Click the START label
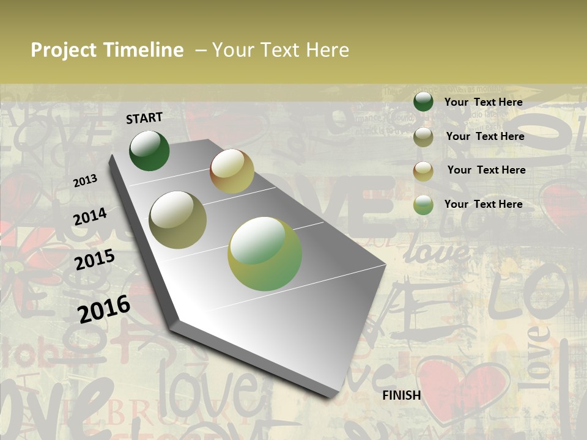point(144,118)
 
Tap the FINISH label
point(402,395)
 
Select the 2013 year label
point(86,180)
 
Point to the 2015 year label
point(95,260)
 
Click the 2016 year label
point(104,308)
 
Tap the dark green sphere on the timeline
point(149,151)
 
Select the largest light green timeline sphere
point(265,254)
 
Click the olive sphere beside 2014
point(178,220)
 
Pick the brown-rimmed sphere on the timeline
point(232,171)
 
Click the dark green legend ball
point(423,102)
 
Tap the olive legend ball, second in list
point(423,137)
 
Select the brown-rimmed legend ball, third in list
point(423,171)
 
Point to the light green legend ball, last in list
point(423,205)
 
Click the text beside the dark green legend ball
point(484,102)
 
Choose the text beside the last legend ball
point(484,204)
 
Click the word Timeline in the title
point(144,50)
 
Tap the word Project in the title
point(64,50)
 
